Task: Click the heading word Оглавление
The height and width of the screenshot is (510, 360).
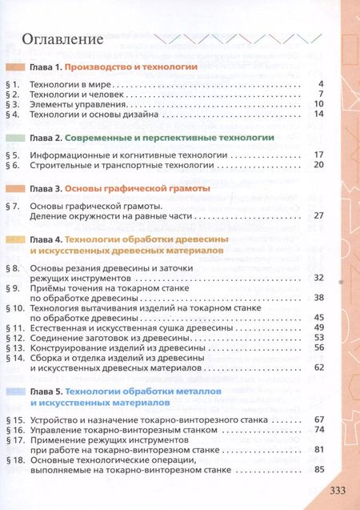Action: point(63,38)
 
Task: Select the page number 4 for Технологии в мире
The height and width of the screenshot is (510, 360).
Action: point(319,83)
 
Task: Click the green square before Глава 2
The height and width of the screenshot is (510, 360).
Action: point(15,138)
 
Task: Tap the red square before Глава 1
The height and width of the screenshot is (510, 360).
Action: point(15,68)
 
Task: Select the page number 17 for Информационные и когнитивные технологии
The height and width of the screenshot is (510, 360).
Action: point(317,154)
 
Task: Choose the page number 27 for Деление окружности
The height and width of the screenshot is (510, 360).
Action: point(317,215)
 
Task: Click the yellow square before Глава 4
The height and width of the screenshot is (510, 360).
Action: point(15,239)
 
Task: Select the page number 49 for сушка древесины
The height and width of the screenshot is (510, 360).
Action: point(317,327)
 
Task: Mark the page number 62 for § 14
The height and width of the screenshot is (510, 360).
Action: point(317,367)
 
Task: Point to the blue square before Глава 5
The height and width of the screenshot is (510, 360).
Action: point(15,391)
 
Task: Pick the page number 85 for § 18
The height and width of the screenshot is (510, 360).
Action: point(317,469)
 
